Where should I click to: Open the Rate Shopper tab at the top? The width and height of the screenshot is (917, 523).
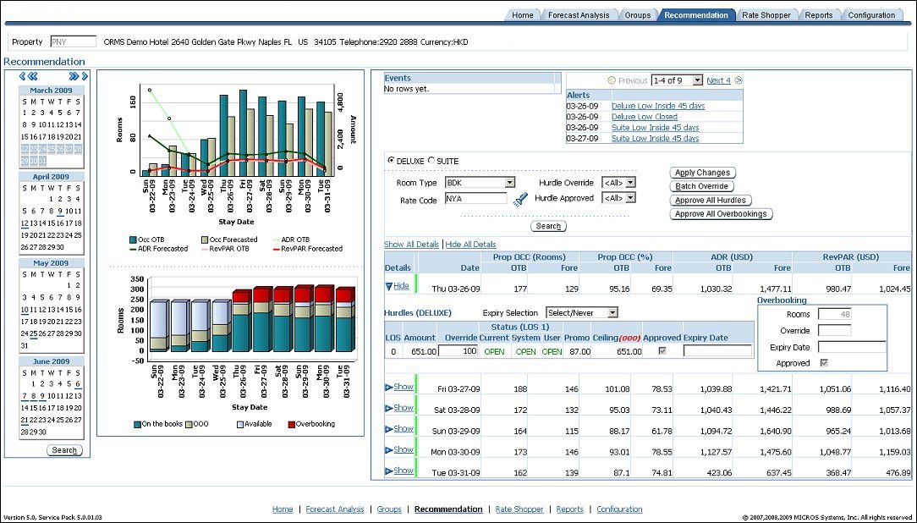[x=766, y=15]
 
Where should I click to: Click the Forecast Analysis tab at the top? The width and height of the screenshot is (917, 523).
[x=578, y=15]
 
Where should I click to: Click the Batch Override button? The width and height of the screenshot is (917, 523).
[x=701, y=186]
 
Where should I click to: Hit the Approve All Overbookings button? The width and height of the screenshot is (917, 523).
[x=721, y=214]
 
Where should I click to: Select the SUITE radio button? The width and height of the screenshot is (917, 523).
[x=431, y=161]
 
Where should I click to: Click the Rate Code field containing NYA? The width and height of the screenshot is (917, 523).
[x=475, y=199]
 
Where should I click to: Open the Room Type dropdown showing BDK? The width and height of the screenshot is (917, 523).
[x=480, y=183]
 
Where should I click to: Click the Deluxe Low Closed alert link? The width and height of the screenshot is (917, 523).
[x=644, y=117]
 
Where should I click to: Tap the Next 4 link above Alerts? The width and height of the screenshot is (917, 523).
[x=718, y=80]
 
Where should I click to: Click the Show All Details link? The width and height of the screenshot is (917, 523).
[x=412, y=245]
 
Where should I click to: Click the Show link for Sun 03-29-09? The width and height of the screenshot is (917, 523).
[x=403, y=429]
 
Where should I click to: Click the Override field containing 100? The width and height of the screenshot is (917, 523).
[x=458, y=351]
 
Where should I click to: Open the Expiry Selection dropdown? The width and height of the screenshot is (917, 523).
[x=581, y=313]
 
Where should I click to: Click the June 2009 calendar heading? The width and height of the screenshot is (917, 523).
[x=52, y=361]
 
